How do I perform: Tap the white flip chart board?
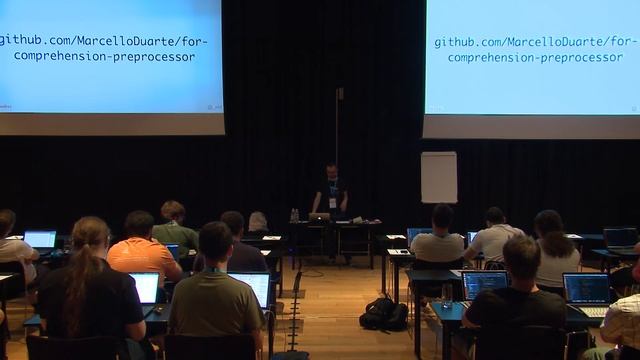pyautogui.click(x=439, y=177)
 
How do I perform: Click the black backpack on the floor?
pyautogui.click(x=384, y=314)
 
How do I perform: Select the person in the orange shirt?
pyautogui.click(x=142, y=256)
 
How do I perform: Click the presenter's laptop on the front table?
pyautogui.click(x=319, y=216)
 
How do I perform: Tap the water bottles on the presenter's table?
pyautogui.click(x=294, y=215)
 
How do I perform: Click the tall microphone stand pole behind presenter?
pyautogui.click(x=338, y=130)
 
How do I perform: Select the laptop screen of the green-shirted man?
pyautogui.click(x=249, y=288)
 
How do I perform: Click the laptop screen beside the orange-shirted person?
pyautogui.click(x=145, y=286)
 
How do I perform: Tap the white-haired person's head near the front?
pyautogui.click(x=258, y=221)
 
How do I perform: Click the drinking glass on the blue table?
pyautogui.click(x=447, y=295)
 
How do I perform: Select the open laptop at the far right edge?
pyautogui.click(x=587, y=290)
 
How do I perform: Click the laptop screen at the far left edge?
pyautogui.click(x=40, y=239)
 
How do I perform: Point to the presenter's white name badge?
pyautogui.click(x=332, y=201)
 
